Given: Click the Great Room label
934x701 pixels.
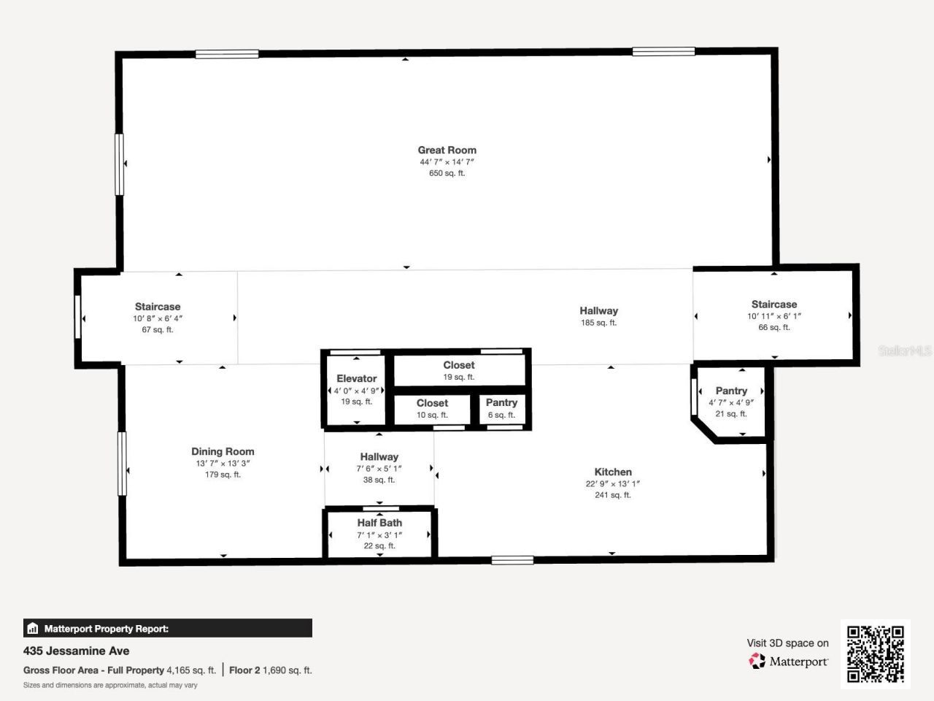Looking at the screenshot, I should [x=447, y=150].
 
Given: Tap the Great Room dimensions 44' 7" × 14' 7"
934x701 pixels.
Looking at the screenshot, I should [x=447, y=162].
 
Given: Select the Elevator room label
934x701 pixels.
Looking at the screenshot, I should [x=356, y=378].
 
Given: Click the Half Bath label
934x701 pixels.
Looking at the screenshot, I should [x=379, y=523].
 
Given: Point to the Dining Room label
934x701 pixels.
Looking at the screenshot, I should [x=223, y=451].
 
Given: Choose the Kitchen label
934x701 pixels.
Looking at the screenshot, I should [x=613, y=472].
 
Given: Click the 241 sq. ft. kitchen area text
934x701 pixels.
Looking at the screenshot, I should [x=613, y=495].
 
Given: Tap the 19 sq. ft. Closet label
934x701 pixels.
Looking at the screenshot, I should [x=458, y=365].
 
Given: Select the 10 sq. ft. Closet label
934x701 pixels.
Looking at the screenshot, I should [x=432, y=403].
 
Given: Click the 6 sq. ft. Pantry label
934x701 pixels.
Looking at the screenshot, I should [x=501, y=403].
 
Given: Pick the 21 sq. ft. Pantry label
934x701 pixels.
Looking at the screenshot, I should [x=731, y=391].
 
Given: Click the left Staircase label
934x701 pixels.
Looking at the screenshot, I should [x=158, y=307].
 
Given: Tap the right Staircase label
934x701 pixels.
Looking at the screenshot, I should [x=774, y=304].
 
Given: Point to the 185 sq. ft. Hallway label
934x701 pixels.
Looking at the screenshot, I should [x=598, y=311].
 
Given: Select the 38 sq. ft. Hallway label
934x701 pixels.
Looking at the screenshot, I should [x=379, y=457].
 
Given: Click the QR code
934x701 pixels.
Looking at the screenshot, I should [x=875, y=654].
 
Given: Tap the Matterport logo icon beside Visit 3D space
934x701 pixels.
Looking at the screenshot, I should [x=757, y=662].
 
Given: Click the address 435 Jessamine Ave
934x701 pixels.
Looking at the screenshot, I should [x=77, y=651].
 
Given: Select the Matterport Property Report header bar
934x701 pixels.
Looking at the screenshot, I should [x=168, y=628].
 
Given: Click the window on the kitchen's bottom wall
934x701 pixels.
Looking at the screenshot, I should [x=512, y=560].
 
